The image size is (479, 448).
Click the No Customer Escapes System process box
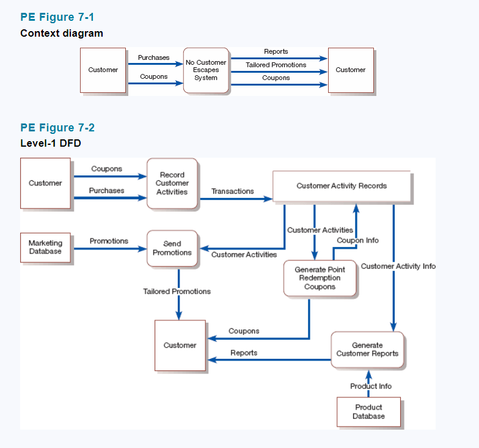click(x=206, y=70)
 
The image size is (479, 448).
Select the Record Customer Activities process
click(x=172, y=183)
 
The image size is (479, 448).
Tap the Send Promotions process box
click(x=172, y=248)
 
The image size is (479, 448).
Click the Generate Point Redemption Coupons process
click(x=320, y=278)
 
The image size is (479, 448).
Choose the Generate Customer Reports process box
click(x=367, y=350)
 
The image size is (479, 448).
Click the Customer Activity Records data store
click(x=342, y=186)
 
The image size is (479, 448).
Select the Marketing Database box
click(x=45, y=248)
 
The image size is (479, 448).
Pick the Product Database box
click(x=368, y=411)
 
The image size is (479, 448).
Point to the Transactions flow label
click(x=232, y=191)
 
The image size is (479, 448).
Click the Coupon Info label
click(x=357, y=240)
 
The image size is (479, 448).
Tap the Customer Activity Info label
click(x=398, y=266)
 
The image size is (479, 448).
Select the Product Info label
click(x=371, y=386)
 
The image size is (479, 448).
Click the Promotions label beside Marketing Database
click(x=109, y=241)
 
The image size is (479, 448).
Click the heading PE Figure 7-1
click(x=57, y=17)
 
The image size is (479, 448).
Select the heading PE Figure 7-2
click(x=57, y=128)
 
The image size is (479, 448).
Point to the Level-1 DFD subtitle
click(x=50, y=144)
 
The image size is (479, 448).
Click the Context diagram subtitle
click(x=62, y=33)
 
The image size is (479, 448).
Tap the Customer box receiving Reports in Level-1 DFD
click(x=180, y=345)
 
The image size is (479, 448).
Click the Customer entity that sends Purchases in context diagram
click(x=103, y=70)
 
